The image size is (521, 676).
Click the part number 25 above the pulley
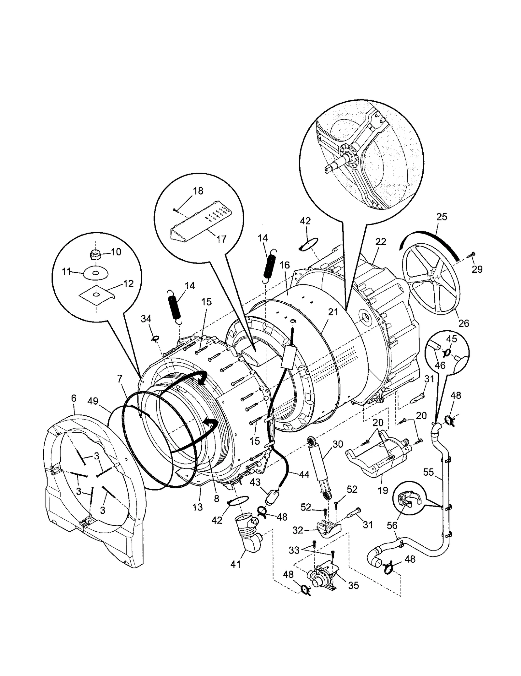pos(442,217)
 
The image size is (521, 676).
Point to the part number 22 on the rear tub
pos(381,241)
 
